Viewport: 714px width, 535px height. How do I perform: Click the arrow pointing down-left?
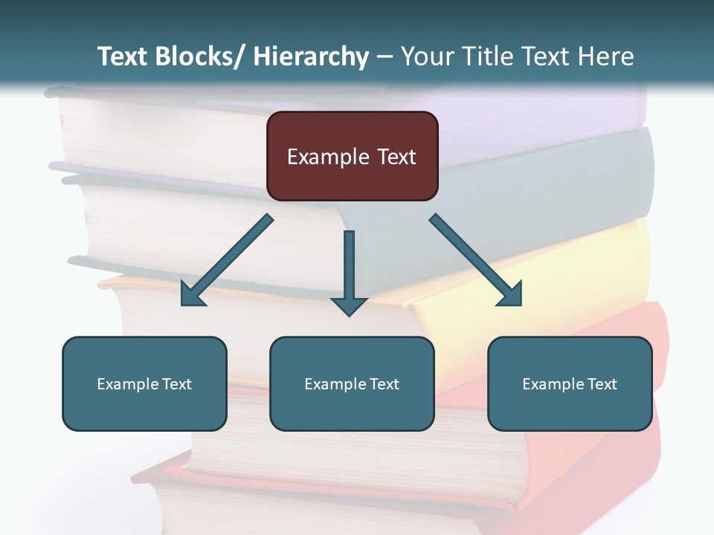(x=227, y=261)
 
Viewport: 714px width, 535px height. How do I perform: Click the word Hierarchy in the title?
(x=311, y=56)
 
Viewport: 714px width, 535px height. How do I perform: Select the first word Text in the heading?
(x=123, y=56)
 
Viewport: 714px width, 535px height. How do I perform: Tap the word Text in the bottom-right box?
(x=602, y=384)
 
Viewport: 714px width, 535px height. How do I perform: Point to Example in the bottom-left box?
(x=128, y=384)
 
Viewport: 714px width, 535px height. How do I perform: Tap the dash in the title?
(x=385, y=57)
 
